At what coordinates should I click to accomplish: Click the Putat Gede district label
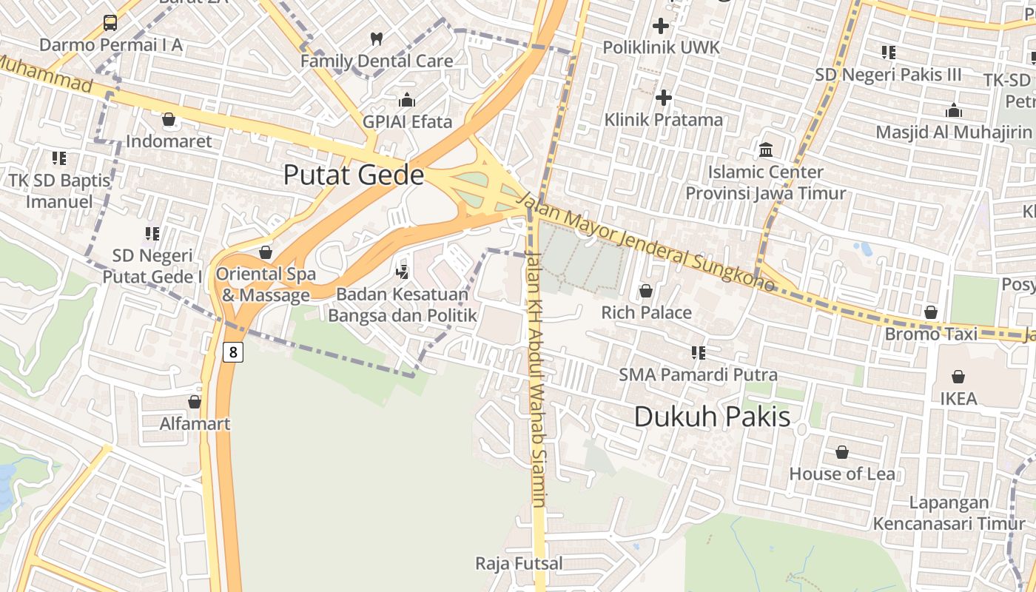coord(354,175)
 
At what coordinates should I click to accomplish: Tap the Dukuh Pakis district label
coord(712,417)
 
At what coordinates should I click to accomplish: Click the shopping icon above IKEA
coord(958,377)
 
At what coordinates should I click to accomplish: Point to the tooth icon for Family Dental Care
coord(376,38)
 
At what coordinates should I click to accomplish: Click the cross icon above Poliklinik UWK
coord(661,27)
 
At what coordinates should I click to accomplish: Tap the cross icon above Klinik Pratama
coord(664,97)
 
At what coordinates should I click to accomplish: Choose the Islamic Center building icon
coord(766,150)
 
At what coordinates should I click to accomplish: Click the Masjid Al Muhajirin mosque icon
coord(954,110)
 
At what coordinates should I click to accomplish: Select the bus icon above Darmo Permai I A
coord(110,23)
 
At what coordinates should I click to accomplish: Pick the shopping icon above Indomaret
coord(169,119)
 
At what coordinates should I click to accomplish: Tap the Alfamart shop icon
coord(195,402)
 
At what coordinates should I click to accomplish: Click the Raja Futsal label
coord(519,563)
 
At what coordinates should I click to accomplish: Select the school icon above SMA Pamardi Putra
coord(698,352)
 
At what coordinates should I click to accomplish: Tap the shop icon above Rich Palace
coord(646,291)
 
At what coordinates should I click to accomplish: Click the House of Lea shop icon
coord(842,452)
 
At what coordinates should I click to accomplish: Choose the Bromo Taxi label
coord(931,334)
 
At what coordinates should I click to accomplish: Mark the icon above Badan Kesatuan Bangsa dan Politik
coord(403,271)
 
